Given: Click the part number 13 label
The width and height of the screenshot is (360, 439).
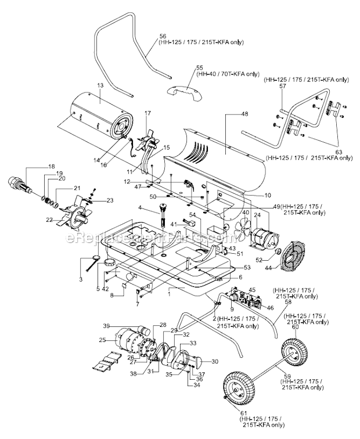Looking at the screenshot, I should coord(99,85).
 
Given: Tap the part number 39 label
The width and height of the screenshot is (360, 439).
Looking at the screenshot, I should coord(106,325).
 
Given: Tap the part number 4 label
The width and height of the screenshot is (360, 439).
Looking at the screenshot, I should coord(141,208).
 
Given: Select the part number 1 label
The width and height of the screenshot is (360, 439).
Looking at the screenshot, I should coord(169,288).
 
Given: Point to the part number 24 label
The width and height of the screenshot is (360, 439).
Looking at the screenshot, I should coord(258,214).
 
